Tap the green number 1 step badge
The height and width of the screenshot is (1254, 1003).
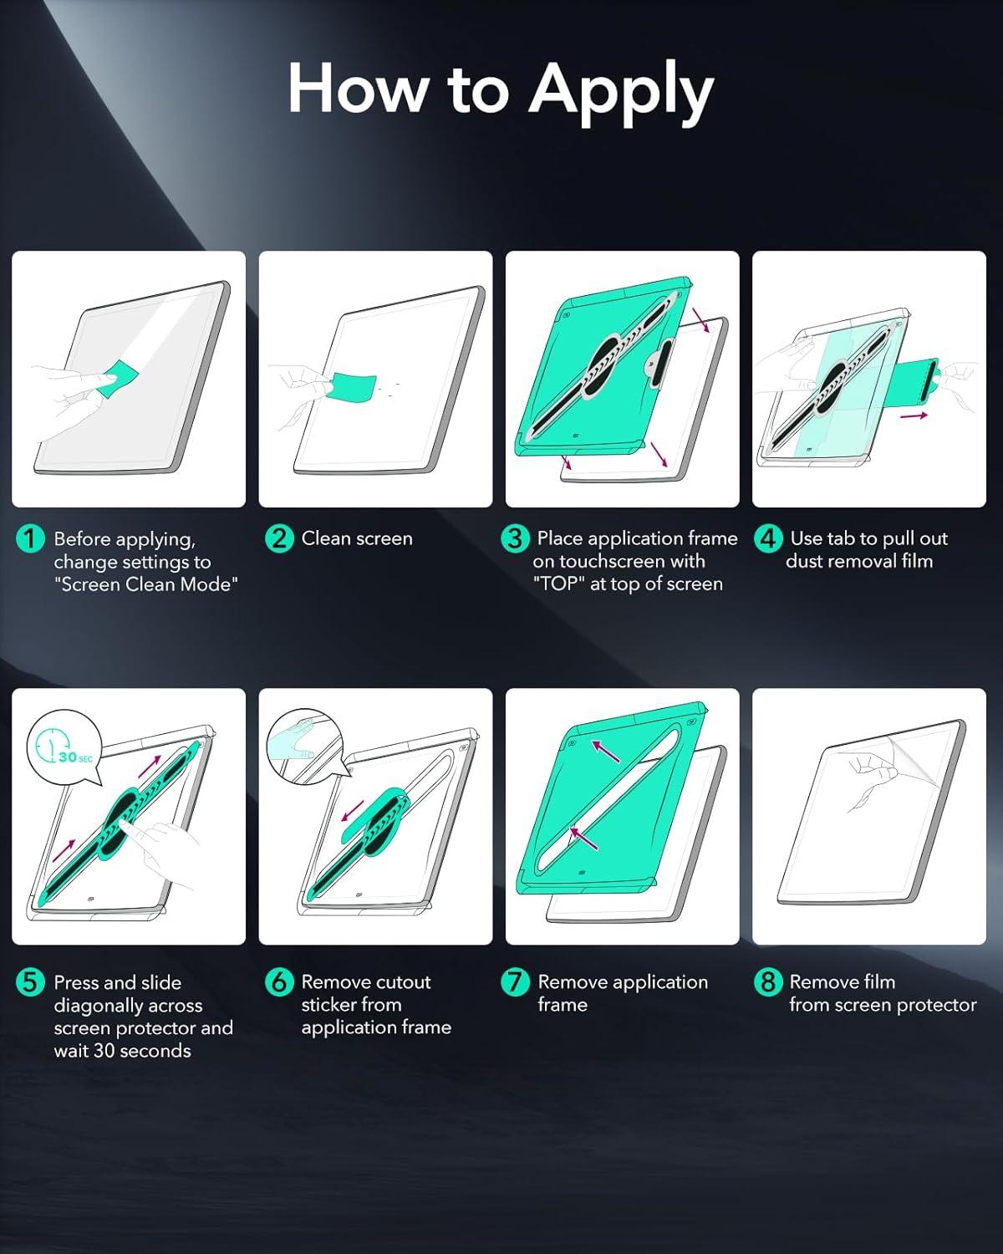coord(30,538)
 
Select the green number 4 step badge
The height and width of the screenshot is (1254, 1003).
coord(767,538)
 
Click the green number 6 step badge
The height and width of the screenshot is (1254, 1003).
coord(279,981)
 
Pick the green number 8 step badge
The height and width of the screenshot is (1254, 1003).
coord(767,981)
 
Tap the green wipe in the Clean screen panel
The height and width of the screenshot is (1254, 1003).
coord(351,388)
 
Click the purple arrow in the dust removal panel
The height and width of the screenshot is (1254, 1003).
coord(914,415)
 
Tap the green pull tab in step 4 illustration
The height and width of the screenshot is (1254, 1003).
coord(916,380)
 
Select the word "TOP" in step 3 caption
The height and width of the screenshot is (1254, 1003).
coord(559,584)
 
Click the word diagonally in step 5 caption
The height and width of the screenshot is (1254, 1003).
coord(128,1006)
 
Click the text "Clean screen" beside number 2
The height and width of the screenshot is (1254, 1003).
coord(357,538)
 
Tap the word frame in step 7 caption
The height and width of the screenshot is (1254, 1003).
coord(563,1005)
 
